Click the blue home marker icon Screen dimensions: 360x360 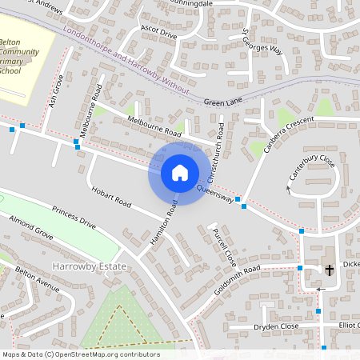(179, 172)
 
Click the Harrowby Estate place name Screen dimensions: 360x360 (84, 265)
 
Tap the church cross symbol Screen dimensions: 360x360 (329, 270)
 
